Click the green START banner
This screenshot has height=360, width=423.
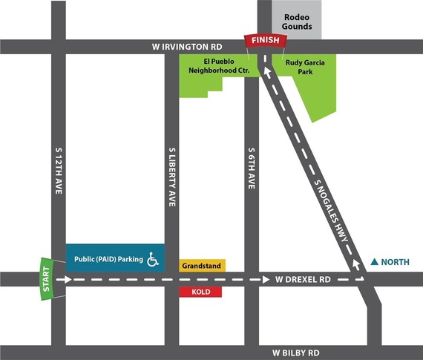(x=47, y=279)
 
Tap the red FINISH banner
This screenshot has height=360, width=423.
(x=265, y=41)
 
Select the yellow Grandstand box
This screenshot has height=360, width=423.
(x=203, y=264)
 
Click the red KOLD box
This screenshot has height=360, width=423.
(x=201, y=292)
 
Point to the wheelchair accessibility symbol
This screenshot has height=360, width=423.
(x=154, y=259)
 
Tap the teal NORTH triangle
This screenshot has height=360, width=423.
(x=375, y=261)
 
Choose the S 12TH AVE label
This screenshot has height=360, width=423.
(x=59, y=170)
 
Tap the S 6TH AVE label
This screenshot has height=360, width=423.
(x=252, y=170)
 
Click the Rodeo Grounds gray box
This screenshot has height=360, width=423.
(x=296, y=19)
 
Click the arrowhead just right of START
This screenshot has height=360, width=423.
(x=68, y=280)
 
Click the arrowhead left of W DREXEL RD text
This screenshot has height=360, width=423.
(x=266, y=280)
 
